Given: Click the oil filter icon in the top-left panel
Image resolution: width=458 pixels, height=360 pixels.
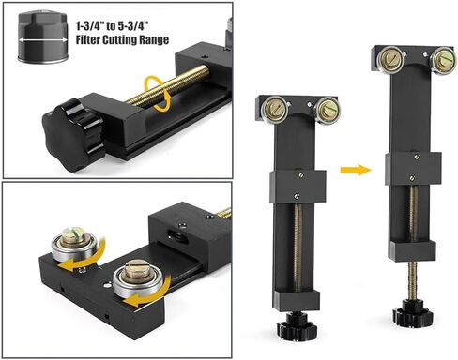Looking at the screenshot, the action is pos(43,37).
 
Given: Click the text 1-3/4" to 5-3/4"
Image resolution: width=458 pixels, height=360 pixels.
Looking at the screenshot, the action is pos(112,26).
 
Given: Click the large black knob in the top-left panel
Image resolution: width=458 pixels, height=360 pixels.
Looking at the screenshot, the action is pos(72,135).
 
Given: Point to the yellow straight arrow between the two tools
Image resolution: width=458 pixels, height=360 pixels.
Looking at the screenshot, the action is pos(356,170).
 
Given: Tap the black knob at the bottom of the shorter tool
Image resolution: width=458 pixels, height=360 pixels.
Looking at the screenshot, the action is pos(297,328).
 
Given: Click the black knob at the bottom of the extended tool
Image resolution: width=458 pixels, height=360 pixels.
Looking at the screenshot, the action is pos(413,314).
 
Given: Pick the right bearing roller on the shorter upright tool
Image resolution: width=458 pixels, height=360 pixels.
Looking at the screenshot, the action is pos(327,109).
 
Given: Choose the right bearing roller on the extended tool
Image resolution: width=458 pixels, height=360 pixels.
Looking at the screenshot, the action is pos(442,60).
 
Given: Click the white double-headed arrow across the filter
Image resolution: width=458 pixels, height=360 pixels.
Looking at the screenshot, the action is pos(43,39).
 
